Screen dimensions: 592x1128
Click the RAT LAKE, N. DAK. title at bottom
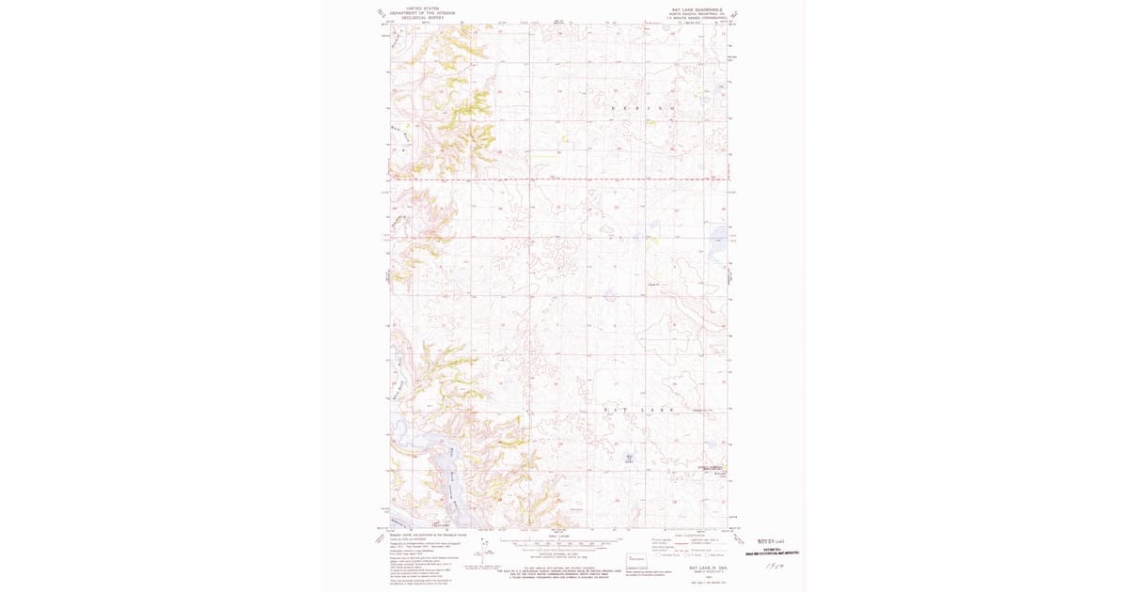[696, 568]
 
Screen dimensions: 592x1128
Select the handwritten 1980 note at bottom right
[773, 567]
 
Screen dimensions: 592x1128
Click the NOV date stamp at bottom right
[771, 542]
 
